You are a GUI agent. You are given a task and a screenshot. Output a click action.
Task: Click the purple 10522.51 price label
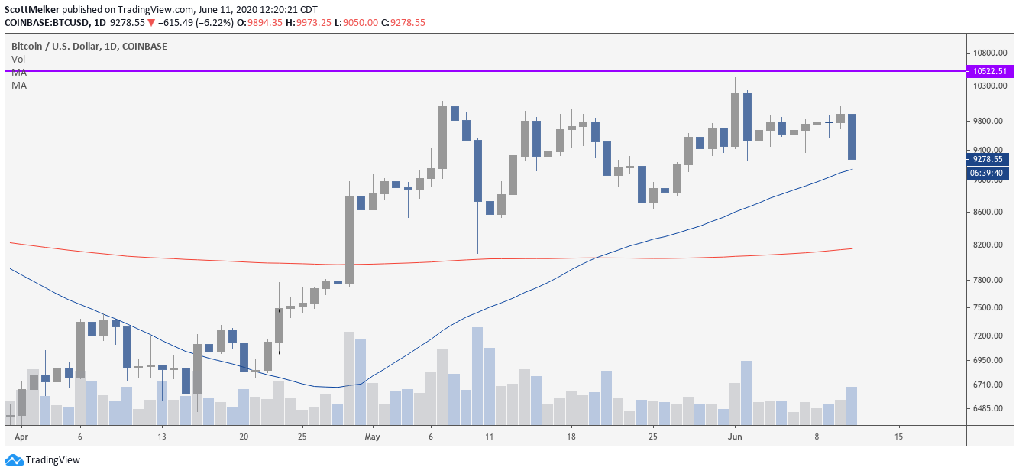[x=990, y=71]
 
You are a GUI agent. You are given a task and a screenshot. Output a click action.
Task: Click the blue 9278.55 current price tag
[x=990, y=159]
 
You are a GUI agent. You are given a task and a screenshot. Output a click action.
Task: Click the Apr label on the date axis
[x=21, y=437]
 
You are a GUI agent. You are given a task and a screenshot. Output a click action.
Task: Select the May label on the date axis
[x=372, y=437]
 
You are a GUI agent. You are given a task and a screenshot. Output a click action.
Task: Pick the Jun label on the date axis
[x=734, y=437]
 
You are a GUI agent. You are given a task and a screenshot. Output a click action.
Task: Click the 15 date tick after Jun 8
[x=898, y=437]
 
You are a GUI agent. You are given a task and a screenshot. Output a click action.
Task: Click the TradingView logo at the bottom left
[x=43, y=460]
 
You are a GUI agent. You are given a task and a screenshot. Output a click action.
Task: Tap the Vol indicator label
[x=18, y=59]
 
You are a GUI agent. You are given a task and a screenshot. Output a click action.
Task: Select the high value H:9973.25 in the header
[x=311, y=22]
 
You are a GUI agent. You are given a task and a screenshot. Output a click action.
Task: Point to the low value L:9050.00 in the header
[x=364, y=22]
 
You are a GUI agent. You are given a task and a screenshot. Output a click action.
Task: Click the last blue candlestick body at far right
[x=852, y=137]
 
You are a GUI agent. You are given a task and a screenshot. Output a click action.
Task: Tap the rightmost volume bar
[x=852, y=405]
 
